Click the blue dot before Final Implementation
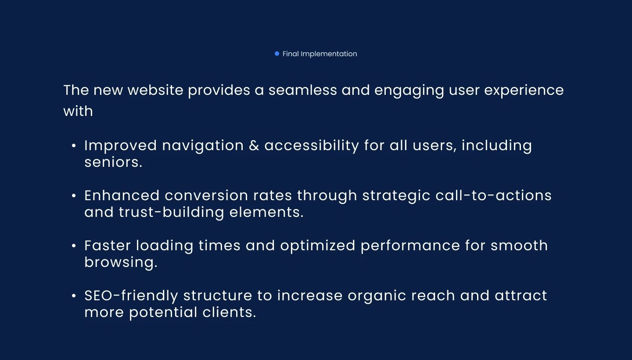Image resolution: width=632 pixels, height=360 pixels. click(x=277, y=54)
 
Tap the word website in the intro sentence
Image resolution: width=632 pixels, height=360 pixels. click(x=155, y=90)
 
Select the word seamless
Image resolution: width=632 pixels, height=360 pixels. click(x=303, y=90)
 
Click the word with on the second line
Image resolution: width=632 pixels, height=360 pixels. click(x=78, y=111)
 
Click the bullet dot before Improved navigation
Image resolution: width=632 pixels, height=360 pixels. click(x=74, y=146)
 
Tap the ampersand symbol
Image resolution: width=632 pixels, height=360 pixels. click(x=254, y=146)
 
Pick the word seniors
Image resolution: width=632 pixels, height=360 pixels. click(x=113, y=162)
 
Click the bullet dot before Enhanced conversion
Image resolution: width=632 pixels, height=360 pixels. click(x=74, y=195)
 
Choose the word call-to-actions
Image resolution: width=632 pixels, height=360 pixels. click(x=493, y=195)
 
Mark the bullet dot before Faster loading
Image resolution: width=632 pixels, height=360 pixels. click(x=74, y=246)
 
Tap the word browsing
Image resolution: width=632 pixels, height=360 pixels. click(x=121, y=263)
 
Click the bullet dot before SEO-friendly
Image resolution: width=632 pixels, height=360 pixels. click(x=74, y=295)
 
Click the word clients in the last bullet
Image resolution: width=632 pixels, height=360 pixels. click(x=230, y=312)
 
